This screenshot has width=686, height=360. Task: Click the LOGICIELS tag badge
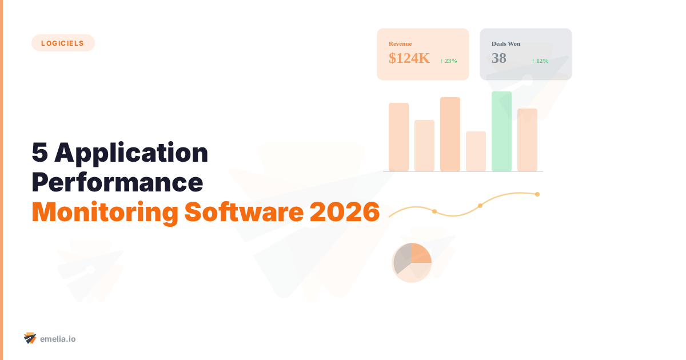tap(63, 43)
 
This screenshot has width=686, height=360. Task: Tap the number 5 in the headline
tap(39, 153)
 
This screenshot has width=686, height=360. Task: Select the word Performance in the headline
tap(117, 182)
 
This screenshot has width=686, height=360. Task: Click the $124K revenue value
tap(409, 58)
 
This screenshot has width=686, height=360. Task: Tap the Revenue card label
tap(400, 43)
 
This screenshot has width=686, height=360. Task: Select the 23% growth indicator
tap(449, 61)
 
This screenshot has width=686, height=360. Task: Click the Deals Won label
tap(506, 43)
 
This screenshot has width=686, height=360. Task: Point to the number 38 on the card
tap(499, 58)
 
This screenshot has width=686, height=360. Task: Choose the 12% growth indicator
tap(540, 61)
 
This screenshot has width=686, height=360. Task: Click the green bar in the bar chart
tap(501, 131)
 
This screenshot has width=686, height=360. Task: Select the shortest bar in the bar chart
tap(476, 151)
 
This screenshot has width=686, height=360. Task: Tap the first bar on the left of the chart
tap(398, 137)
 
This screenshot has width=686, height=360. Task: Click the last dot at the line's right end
tap(537, 194)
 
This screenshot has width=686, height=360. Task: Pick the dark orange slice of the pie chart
tap(420, 253)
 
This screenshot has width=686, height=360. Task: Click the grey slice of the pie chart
tap(402, 260)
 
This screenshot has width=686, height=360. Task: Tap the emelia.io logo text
tap(58, 339)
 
